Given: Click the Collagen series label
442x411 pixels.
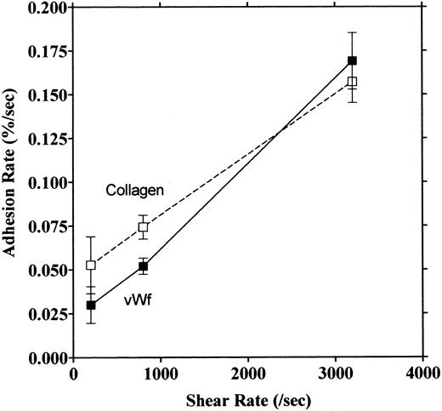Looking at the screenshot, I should [134, 191].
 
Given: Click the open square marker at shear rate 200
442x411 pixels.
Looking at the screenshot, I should [92, 265].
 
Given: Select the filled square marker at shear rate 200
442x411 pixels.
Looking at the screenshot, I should [92, 305].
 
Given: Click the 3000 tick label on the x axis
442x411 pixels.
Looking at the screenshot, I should [334, 373].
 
